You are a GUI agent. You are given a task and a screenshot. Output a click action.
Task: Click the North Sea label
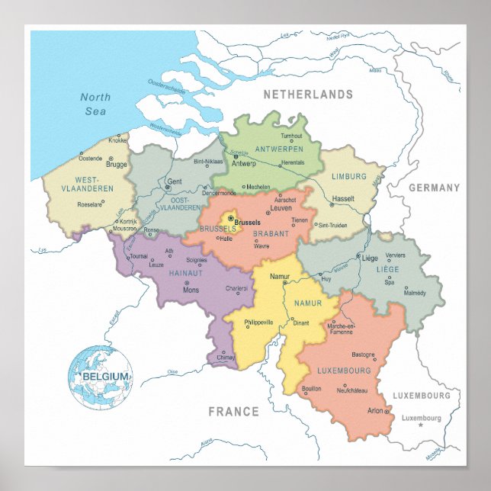96,104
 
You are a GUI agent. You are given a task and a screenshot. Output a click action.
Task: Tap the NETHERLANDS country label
308,95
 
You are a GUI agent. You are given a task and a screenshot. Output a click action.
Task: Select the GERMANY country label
434,188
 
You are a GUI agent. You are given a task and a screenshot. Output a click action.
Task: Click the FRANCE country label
234,412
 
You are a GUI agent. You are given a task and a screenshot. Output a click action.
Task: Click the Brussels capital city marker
231,218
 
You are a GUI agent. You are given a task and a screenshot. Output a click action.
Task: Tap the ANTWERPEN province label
279,148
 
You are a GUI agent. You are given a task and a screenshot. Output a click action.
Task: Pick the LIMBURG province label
349,176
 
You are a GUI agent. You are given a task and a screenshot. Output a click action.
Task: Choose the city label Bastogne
363,355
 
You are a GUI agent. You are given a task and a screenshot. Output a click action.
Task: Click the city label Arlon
375,411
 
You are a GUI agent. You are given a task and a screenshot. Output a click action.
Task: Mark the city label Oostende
90,158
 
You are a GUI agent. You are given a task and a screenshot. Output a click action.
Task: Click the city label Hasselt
343,197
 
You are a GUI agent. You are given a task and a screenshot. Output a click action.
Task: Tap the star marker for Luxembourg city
420,425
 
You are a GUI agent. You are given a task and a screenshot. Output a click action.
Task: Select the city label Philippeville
258,323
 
